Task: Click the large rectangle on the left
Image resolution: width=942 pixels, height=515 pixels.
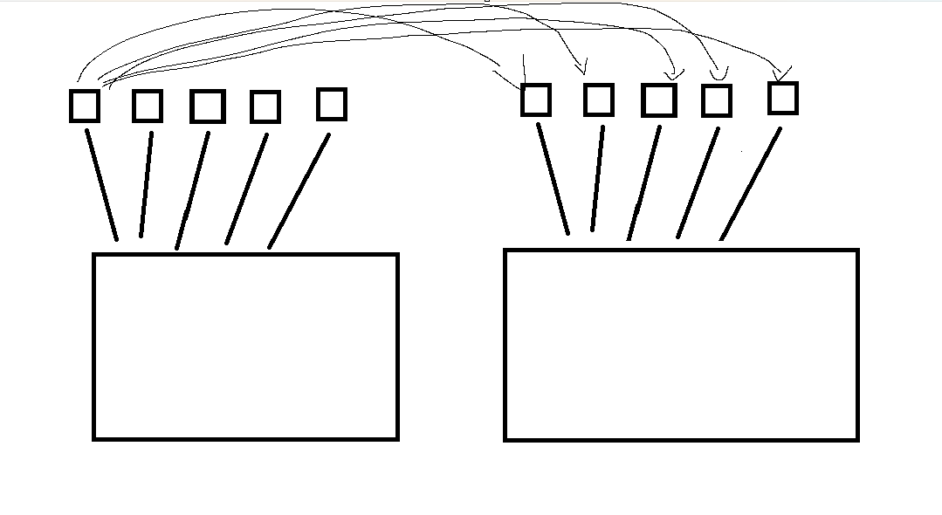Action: tap(245, 347)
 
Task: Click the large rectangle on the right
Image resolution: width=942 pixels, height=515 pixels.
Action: tap(681, 345)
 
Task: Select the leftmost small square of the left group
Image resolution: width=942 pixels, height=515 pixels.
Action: tap(85, 106)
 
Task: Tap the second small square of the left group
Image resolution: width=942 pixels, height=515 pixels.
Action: tap(147, 106)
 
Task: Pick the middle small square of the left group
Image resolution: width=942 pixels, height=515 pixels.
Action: tap(208, 106)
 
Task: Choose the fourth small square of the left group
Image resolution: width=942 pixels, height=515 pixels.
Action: tap(265, 106)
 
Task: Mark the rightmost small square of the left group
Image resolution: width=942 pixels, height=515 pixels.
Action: tap(331, 104)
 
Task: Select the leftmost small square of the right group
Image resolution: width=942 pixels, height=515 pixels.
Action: tap(535, 100)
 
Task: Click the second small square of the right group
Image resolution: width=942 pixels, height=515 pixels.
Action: tap(598, 100)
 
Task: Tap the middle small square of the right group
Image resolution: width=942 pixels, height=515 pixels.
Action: tap(659, 100)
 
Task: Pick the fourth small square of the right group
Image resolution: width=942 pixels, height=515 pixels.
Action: tap(717, 100)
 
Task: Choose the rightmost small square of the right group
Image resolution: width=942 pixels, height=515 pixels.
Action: tap(783, 98)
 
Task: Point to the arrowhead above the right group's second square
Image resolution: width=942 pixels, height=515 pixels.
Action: tap(582, 68)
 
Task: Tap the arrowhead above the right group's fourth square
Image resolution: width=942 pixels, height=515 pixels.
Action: tap(719, 73)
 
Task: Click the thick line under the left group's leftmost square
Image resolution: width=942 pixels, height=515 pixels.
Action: tap(101, 184)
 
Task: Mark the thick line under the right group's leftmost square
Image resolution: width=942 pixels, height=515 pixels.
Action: tap(553, 179)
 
